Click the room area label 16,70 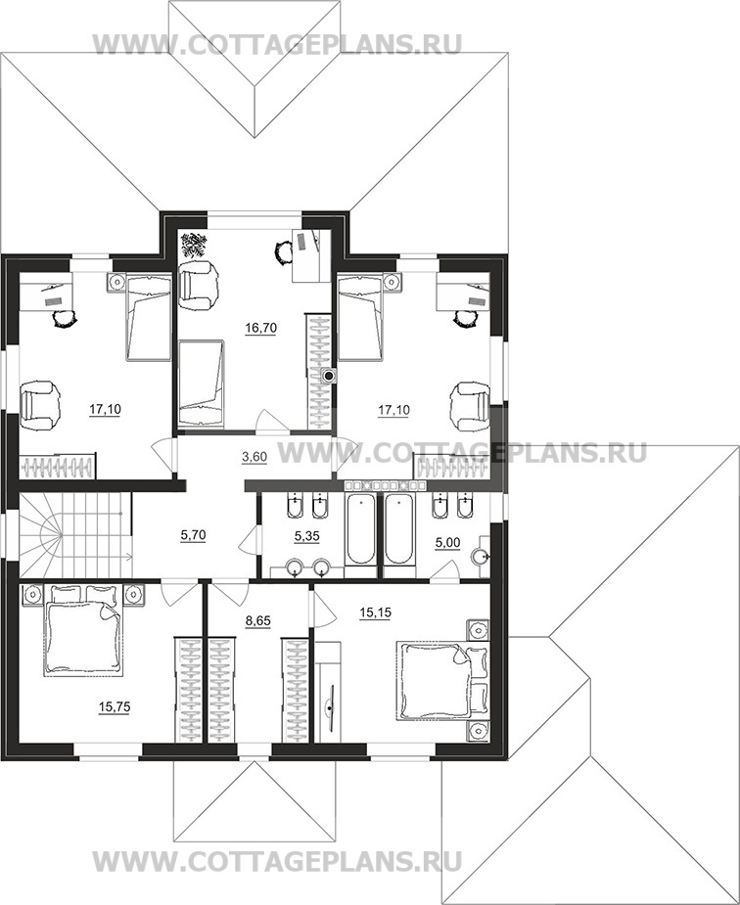tap(261, 328)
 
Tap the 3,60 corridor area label tap(254, 457)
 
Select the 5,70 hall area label tap(193, 535)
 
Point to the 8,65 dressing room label tap(258, 621)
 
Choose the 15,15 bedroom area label tap(375, 612)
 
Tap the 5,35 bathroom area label tap(306, 536)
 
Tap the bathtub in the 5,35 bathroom tap(360, 528)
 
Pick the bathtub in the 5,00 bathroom tap(399, 528)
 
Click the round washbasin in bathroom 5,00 tap(482, 557)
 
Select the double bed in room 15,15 tap(442, 682)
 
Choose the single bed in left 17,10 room tap(149, 318)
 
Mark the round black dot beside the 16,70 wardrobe tap(329, 377)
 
